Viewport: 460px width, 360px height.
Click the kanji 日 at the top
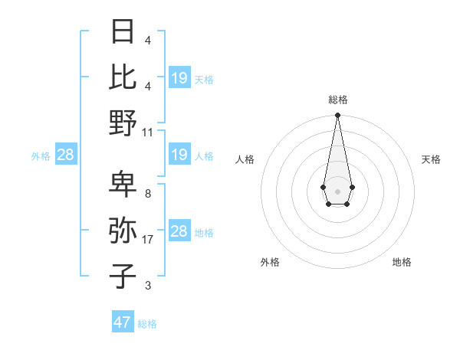tap(123, 31)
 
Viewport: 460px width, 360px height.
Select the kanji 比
tap(123, 77)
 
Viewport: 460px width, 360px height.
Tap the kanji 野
tap(123, 122)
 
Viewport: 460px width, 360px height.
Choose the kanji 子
tap(123, 276)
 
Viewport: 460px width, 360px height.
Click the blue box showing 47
tap(123, 322)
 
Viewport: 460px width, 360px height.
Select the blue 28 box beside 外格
tap(65, 155)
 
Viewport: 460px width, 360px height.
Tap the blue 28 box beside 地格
tap(179, 232)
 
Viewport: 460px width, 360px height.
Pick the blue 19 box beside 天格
tap(179, 78)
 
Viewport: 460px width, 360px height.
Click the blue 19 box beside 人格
tap(179, 155)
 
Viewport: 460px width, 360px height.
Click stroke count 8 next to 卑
tap(148, 194)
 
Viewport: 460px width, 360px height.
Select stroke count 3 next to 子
tap(148, 286)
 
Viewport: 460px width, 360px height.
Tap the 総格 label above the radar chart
tap(337, 100)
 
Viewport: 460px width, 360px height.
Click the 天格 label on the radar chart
tap(431, 159)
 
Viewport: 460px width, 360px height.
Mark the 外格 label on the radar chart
tap(270, 262)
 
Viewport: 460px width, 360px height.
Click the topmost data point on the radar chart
tap(337, 116)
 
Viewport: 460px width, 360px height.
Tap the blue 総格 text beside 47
tap(147, 324)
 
